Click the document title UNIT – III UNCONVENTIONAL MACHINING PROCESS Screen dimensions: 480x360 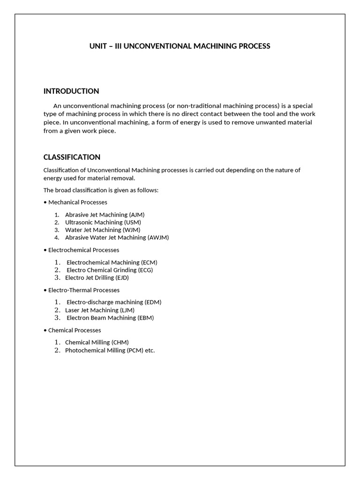(180, 46)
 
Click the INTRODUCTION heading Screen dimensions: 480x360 (71, 91)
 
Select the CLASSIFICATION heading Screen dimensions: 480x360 (72, 157)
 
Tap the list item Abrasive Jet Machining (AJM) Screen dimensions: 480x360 (105, 215)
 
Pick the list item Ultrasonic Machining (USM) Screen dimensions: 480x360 (103, 222)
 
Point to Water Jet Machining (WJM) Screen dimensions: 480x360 (103, 230)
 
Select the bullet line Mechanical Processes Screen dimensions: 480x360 (77, 202)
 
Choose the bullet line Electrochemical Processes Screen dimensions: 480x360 (83, 250)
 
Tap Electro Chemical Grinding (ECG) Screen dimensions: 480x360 (110, 270)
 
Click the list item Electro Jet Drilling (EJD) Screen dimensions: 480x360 (97, 277)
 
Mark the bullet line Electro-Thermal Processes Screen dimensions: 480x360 (83, 290)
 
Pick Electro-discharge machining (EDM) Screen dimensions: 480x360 (114, 302)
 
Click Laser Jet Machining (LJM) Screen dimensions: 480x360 (99, 310)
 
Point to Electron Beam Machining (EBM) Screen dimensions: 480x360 (110, 317)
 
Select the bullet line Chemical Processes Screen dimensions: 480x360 (75, 330)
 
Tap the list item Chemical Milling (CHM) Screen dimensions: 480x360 (97, 342)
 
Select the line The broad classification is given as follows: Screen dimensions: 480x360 (101, 190)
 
